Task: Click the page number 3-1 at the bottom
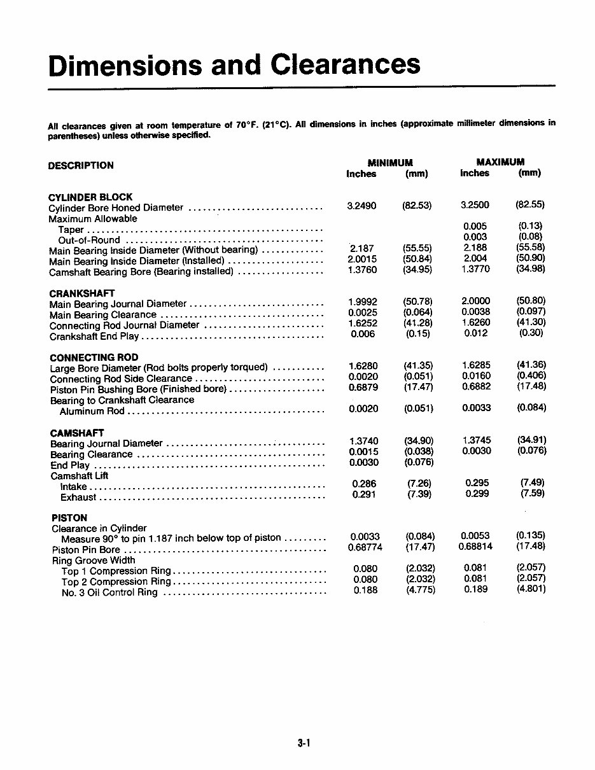303,742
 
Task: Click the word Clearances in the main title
345,65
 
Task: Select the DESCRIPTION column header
81,165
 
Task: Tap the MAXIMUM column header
500,162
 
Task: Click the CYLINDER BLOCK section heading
90,197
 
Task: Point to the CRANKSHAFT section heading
82,293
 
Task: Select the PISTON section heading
69,518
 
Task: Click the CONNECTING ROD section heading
94,358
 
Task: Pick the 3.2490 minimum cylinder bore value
361,206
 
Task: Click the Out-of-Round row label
89,240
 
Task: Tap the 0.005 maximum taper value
475,226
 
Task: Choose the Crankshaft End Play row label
94,336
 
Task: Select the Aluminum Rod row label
92,411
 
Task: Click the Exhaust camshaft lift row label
78,498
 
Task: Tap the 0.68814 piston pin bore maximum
475,546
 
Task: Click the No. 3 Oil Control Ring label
109,592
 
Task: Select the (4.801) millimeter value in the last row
531,589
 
